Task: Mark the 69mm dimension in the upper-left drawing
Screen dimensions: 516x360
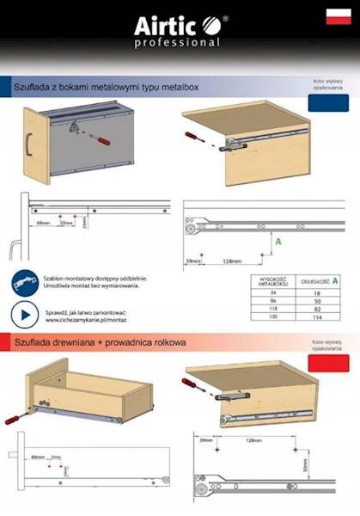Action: (x=43, y=222)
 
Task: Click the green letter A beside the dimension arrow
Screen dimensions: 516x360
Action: (x=278, y=243)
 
